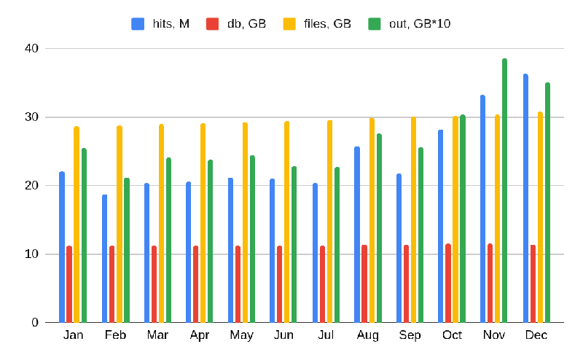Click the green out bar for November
click(504, 191)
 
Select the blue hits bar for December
click(525, 198)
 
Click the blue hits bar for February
click(104, 259)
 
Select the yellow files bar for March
click(161, 223)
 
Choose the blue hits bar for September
click(399, 248)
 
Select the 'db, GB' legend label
click(236, 23)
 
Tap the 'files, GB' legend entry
click(319, 23)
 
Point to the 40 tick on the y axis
click(30, 49)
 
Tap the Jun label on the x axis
click(283, 335)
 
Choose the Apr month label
click(200, 335)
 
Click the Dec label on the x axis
click(536, 335)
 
